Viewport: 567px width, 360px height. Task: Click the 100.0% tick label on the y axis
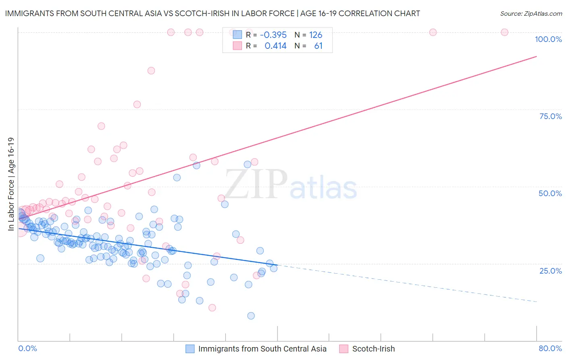pyautogui.click(x=548, y=39)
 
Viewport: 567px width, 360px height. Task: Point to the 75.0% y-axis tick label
pyautogui.click(x=550, y=116)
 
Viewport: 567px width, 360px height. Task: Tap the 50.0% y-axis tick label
pyautogui.click(x=550, y=193)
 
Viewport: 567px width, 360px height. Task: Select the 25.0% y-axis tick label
pyautogui.click(x=550, y=271)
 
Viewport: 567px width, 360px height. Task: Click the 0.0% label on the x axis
pyautogui.click(x=27, y=348)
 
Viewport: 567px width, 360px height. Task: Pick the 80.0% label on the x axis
pyautogui.click(x=550, y=348)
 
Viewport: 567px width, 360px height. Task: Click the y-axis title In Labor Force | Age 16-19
pyautogui.click(x=11, y=184)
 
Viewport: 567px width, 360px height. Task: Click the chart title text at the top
pyautogui.click(x=212, y=13)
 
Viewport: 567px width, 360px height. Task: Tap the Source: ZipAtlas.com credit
pyautogui.click(x=531, y=13)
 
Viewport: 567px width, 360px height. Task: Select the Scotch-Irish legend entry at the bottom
pyautogui.click(x=373, y=349)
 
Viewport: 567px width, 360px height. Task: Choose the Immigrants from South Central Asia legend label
pyautogui.click(x=262, y=349)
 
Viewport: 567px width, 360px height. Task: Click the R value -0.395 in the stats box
pyautogui.click(x=273, y=35)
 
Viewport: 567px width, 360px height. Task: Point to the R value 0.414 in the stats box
pyautogui.click(x=275, y=46)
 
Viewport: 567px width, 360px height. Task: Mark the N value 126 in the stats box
pyautogui.click(x=316, y=35)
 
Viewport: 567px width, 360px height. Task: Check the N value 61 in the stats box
pyautogui.click(x=318, y=46)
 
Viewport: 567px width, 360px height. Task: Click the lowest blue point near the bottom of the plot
pyautogui.click(x=251, y=316)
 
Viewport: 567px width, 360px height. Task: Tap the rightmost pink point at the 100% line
pyautogui.click(x=504, y=32)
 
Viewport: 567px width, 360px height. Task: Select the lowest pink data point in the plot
pyautogui.click(x=212, y=308)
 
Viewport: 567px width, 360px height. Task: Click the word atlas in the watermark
pyautogui.click(x=323, y=188)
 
